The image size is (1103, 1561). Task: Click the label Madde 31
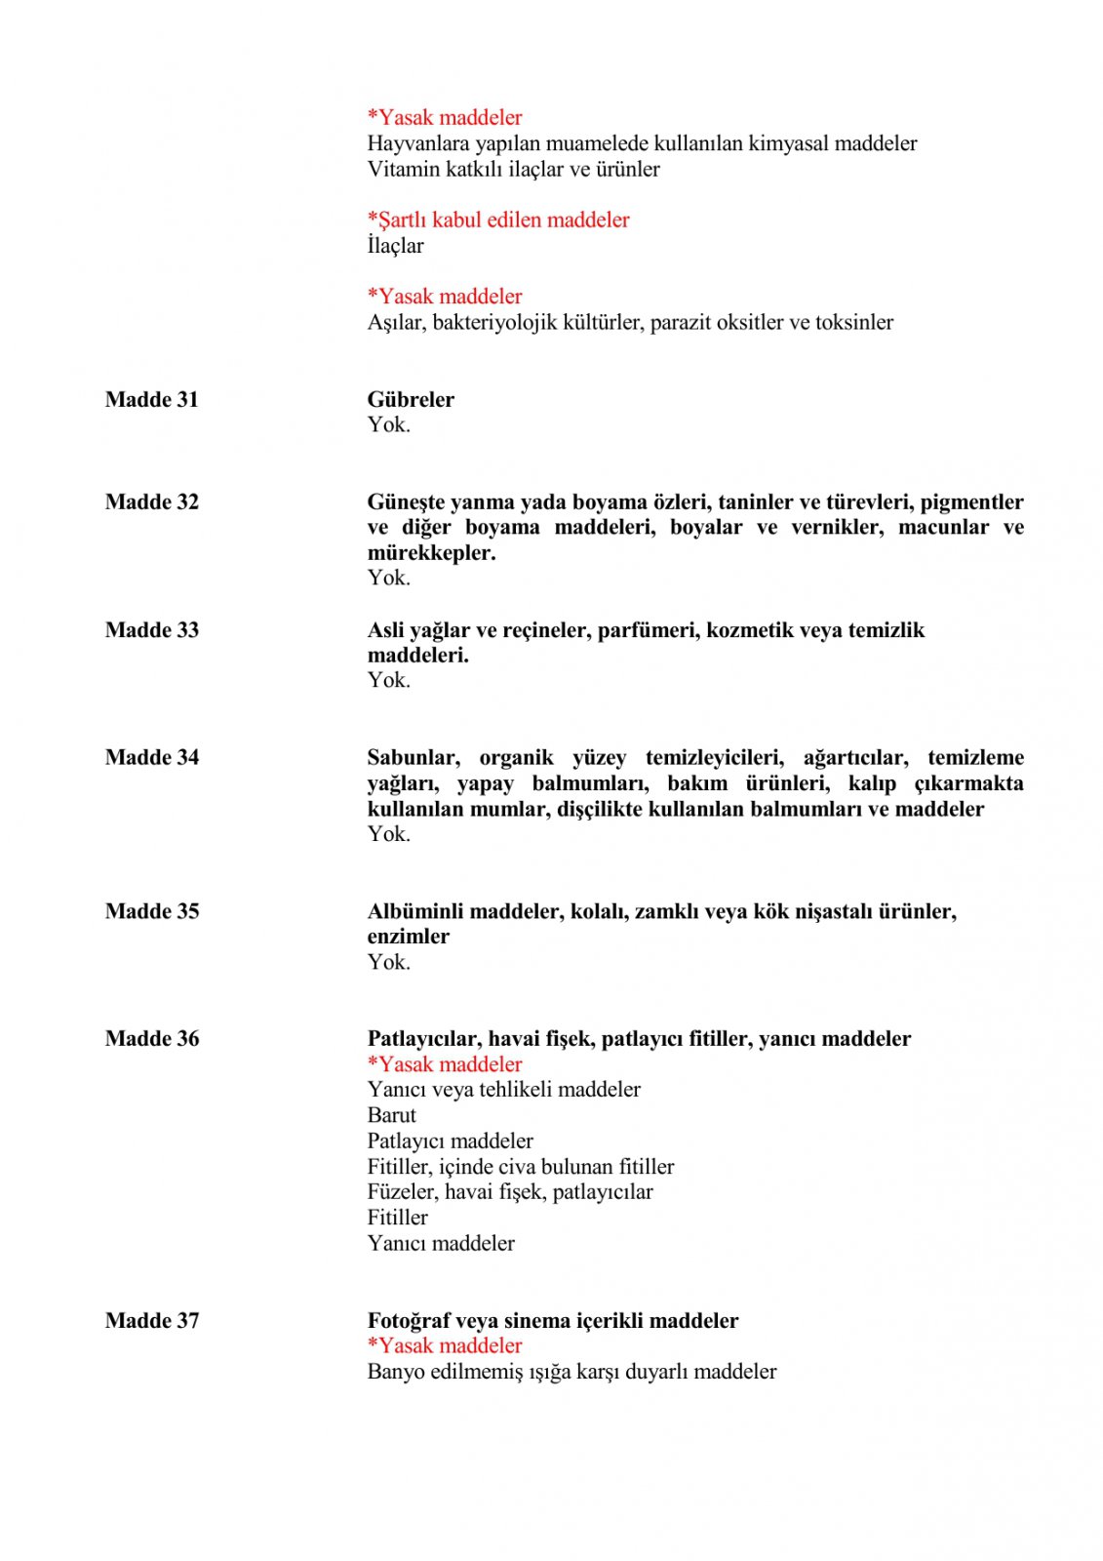tap(151, 399)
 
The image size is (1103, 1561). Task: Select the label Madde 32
tap(151, 501)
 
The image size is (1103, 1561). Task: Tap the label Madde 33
tap(151, 630)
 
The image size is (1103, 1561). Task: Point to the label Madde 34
tap(151, 757)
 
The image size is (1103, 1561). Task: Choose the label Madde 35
tap(151, 911)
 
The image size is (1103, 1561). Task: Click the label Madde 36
tap(151, 1039)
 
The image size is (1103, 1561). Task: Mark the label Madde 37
tap(151, 1321)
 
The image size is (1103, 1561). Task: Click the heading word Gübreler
tap(411, 399)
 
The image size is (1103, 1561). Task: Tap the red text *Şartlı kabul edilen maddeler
tap(497, 220)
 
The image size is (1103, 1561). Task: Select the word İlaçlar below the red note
tap(395, 246)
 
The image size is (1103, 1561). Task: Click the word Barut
tap(391, 1115)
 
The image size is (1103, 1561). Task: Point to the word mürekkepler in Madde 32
tap(431, 553)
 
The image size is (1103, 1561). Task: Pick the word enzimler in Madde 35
tap(408, 937)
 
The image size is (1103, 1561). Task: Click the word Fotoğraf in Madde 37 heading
tap(409, 1321)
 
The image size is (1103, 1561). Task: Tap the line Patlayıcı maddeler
tap(450, 1141)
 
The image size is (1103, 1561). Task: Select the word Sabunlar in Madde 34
tap(413, 757)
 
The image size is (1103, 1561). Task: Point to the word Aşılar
tap(395, 323)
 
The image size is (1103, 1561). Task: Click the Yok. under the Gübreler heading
tap(388, 424)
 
